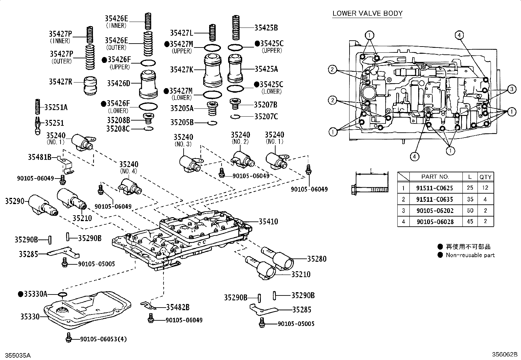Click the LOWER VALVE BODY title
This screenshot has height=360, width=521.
coord(368,13)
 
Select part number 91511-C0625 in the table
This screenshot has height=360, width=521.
coord(435,188)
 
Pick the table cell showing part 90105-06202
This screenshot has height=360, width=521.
coord(435,211)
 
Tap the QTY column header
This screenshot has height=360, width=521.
coord(485,177)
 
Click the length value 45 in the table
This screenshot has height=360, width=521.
coord(470,221)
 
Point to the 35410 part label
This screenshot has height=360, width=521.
coord(268,221)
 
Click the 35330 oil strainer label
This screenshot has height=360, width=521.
coord(30,317)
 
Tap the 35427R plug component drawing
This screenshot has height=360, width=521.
coord(90,85)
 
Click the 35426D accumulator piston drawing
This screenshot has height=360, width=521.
coord(148,85)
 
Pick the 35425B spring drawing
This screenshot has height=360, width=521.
coord(236,28)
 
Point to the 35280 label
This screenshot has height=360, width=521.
coord(317,259)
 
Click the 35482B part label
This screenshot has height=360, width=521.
coord(178,307)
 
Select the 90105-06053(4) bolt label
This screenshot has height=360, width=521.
coord(103,339)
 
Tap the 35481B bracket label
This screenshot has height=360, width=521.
coord(40,157)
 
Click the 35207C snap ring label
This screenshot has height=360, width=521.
coord(266,116)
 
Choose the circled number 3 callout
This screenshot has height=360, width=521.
coord(512,89)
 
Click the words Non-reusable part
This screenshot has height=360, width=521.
coord(470,255)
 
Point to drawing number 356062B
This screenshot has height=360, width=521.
coord(504,354)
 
